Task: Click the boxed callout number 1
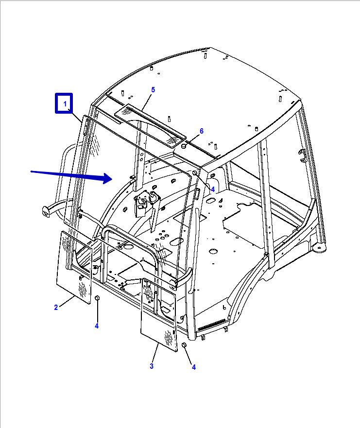65,104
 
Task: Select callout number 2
56,308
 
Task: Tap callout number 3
152,366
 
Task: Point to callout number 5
153,90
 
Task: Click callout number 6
202,131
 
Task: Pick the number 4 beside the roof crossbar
213,189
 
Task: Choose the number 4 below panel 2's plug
97,325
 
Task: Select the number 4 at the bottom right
194,367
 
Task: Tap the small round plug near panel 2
97,298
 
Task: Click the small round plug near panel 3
184,345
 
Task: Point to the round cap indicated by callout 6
184,146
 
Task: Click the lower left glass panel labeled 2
74,268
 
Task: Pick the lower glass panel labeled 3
159,314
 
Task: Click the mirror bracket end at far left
46,212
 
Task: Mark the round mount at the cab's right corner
319,248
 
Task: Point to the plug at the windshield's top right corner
195,173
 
